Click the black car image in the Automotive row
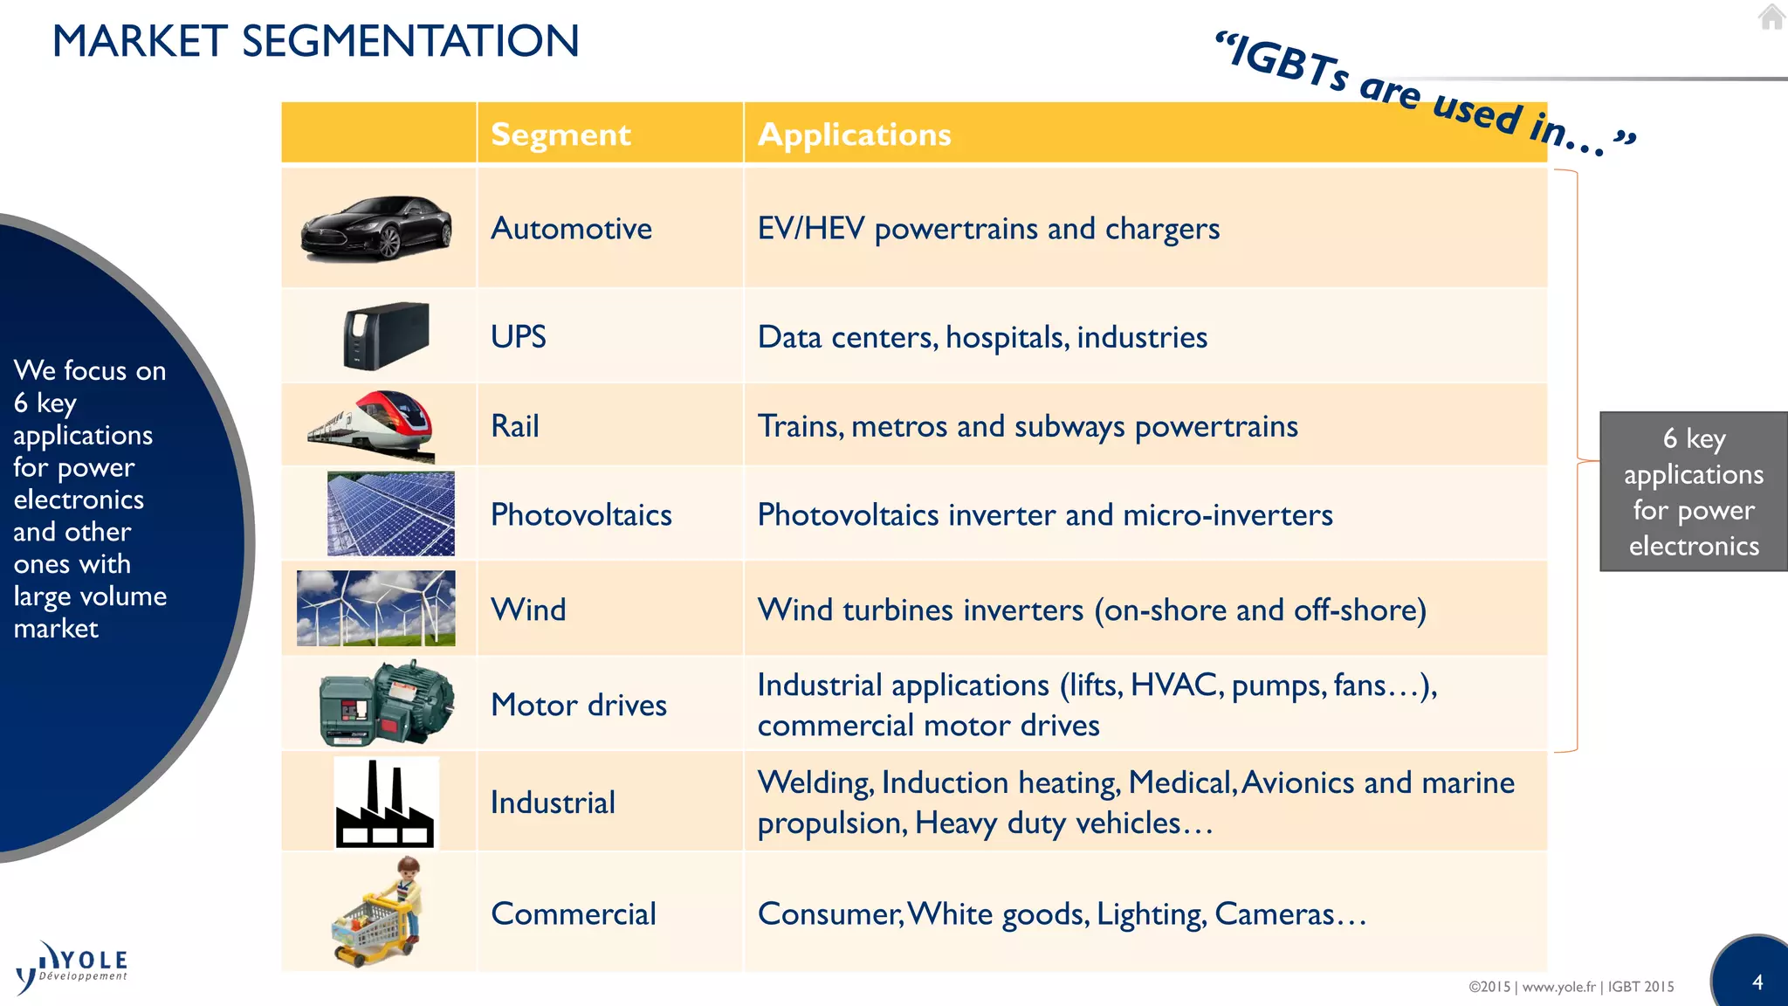[x=376, y=228]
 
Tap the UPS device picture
[x=386, y=336]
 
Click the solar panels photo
[x=390, y=513]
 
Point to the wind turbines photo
[x=375, y=609]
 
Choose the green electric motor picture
[x=387, y=703]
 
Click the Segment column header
[x=560, y=134]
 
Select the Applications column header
[x=854, y=134]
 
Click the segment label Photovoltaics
[x=581, y=515]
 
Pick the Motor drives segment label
[x=578, y=705]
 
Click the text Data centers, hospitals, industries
[x=982, y=337]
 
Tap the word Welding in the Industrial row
[x=815, y=783]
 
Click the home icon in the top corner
[x=1771, y=17]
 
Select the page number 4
[x=1757, y=982]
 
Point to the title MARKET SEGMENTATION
[x=315, y=41]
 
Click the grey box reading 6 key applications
[x=1693, y=492]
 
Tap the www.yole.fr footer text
[x=1558, y=987]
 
